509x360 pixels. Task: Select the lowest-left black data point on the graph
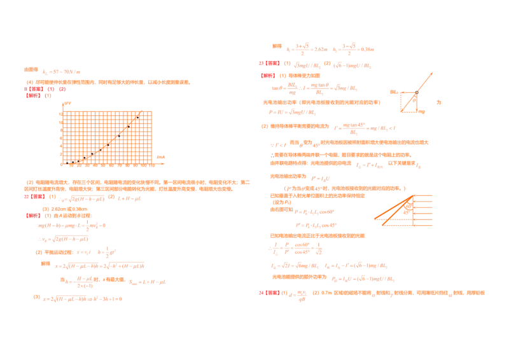click(x=68, y=162)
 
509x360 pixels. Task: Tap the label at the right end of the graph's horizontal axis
click(x=162, y=156)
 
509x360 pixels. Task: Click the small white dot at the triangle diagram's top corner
click(x=415, y=94)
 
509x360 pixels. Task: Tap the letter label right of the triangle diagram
click(x=440, y=102)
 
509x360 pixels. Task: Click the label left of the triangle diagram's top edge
click(x=393, y=92)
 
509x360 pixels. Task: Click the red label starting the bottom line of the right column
click(x=268, y=293)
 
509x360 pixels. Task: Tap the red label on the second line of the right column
click(x=267, y=64)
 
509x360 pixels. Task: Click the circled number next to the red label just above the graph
click(x=49, y=95)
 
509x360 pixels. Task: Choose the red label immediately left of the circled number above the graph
click(x=34, y=95)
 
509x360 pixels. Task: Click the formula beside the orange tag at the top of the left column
click(x=61, y=71)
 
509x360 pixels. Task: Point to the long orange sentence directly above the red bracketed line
click(x=107, y=82)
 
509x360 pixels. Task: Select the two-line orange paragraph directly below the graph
click(x=137, y=186)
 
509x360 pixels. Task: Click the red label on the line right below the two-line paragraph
click(x=33, y=197)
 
